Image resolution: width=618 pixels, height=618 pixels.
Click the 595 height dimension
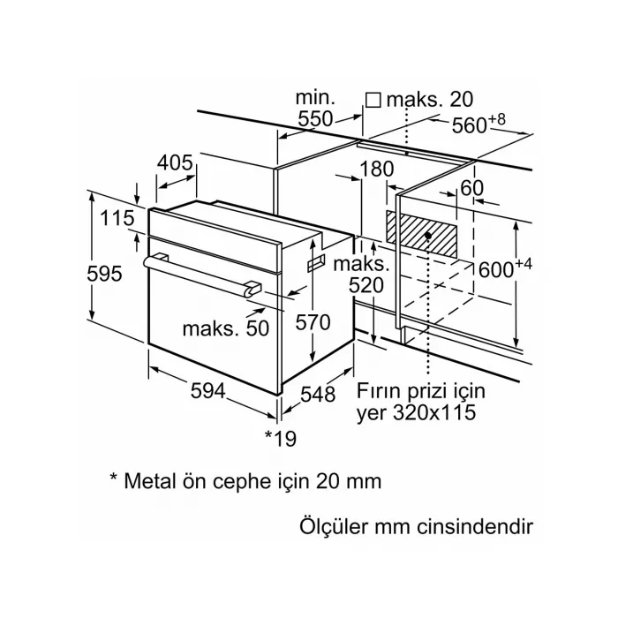tap(104, 274)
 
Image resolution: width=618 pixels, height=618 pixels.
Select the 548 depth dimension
tap(319, 395)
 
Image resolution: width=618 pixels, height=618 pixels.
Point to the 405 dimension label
tap(176, 162)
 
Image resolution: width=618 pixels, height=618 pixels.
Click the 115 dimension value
tap(117, 218)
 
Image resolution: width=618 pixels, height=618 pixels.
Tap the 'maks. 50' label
tap(224, 328)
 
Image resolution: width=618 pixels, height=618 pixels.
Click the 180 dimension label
tap(376, 169)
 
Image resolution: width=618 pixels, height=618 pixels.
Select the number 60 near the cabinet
tap(471, 187)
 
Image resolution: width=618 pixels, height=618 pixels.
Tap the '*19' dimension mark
tap(280, 437)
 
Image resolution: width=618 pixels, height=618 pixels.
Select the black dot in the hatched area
tap(428, 237)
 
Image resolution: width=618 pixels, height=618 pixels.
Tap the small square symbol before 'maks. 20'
tap(372, 101)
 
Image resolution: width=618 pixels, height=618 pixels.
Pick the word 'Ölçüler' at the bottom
tap(330, 527)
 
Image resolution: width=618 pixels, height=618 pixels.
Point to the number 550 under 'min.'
tap(314, 119)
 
